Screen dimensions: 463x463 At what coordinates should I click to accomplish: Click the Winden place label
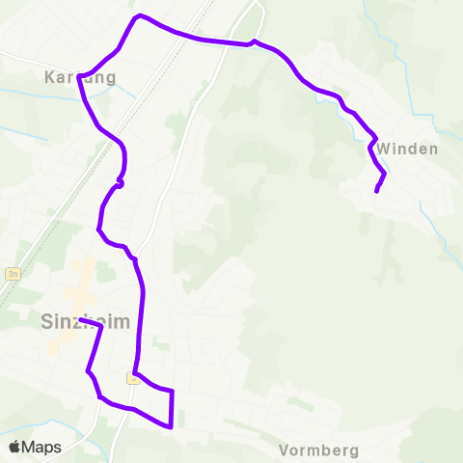click(408, 150)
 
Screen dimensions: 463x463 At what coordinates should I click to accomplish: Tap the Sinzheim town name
click(86, 321)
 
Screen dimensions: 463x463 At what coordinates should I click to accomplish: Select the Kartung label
click(80, 77)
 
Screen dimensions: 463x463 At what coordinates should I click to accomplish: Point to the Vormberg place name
click(318, 450)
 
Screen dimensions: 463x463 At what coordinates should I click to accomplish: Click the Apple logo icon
click(14, 448)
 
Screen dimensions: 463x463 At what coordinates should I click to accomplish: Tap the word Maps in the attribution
click(42, 448)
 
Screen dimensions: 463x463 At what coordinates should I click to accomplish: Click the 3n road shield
click(12, 273)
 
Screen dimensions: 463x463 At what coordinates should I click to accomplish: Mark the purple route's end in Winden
click(376, 191)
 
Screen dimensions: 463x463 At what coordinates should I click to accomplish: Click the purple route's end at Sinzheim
click(81, 320)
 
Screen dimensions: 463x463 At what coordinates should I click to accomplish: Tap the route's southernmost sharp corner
click(171, 426)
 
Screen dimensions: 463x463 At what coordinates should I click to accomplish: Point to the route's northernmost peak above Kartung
click(140, 15)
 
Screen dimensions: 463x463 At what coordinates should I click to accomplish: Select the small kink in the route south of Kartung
click(120, 181)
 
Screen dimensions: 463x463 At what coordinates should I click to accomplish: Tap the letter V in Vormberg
click(284, 450)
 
